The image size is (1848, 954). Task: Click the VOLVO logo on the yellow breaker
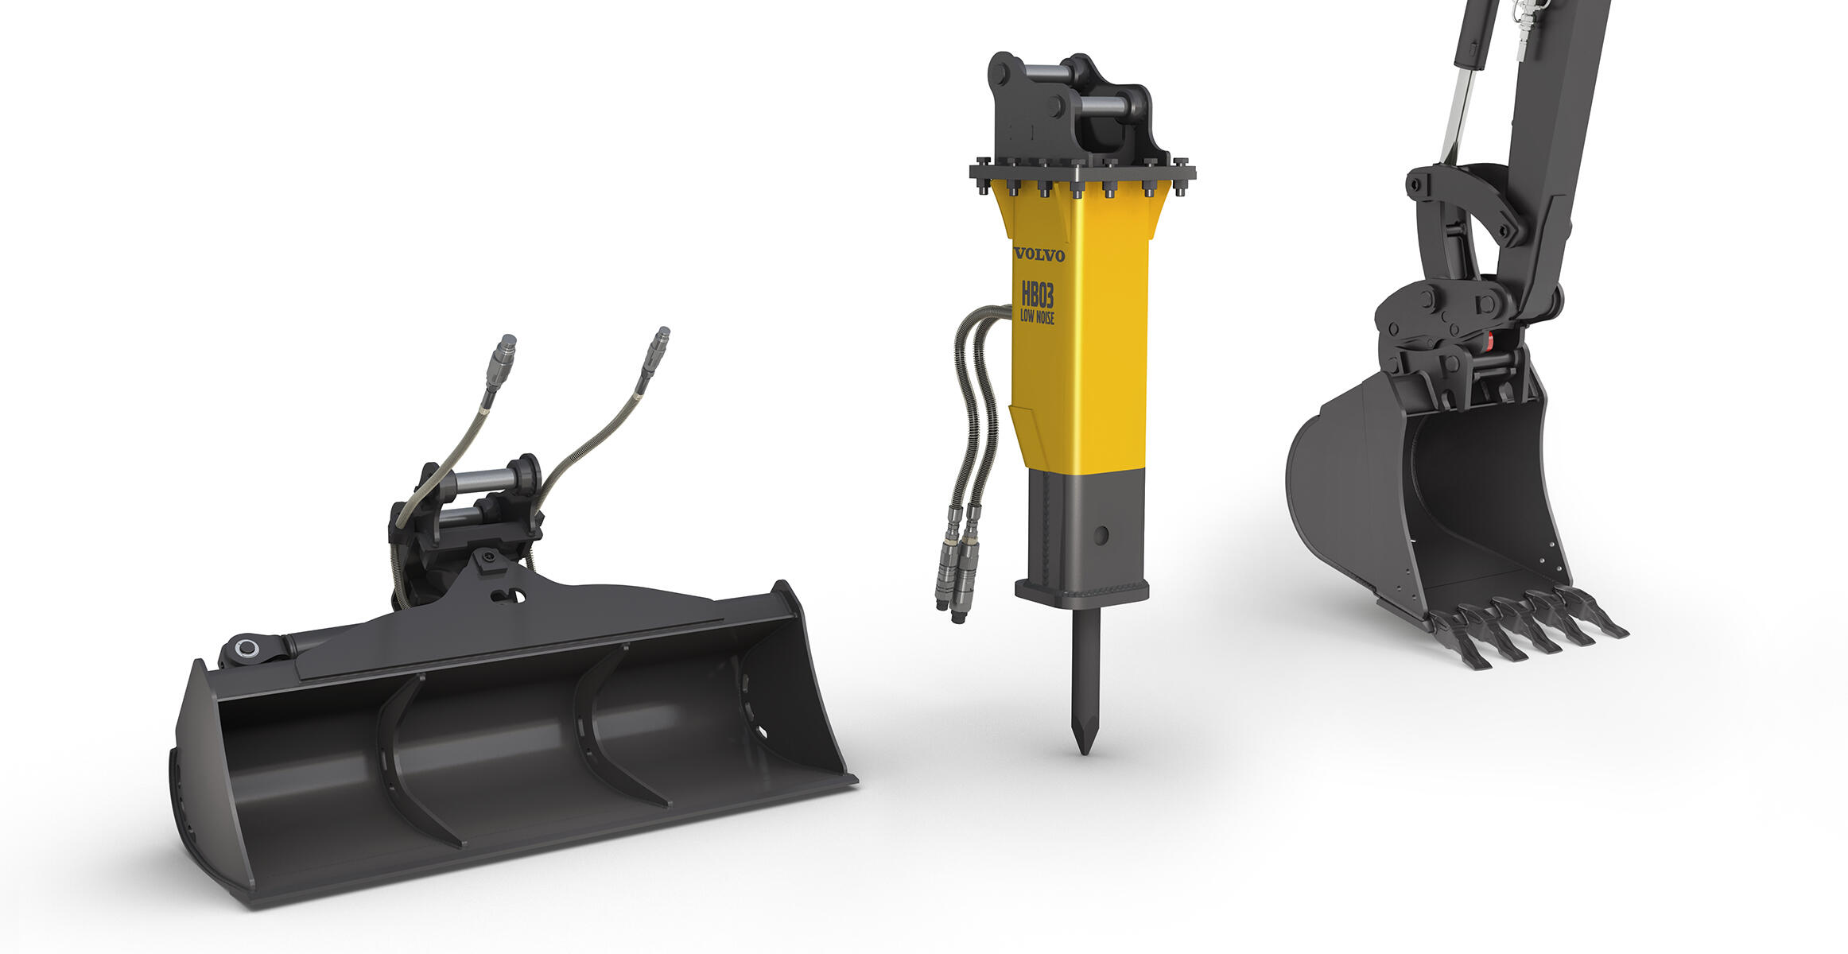click(x=1039, y=255)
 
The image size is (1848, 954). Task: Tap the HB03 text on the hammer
click(x=1038, y=295)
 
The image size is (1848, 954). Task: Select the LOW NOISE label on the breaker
click(x=1038, y=317)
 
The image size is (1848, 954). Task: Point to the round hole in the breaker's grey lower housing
click(x=1101, y=535)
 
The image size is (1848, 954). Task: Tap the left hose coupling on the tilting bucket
click(x=501, y=362)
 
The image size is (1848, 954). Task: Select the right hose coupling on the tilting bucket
click(x=655, y=351)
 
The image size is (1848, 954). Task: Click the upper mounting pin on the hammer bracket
click(x=1046, y=74)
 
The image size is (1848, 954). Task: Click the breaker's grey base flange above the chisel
click(x=1081, y=592)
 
